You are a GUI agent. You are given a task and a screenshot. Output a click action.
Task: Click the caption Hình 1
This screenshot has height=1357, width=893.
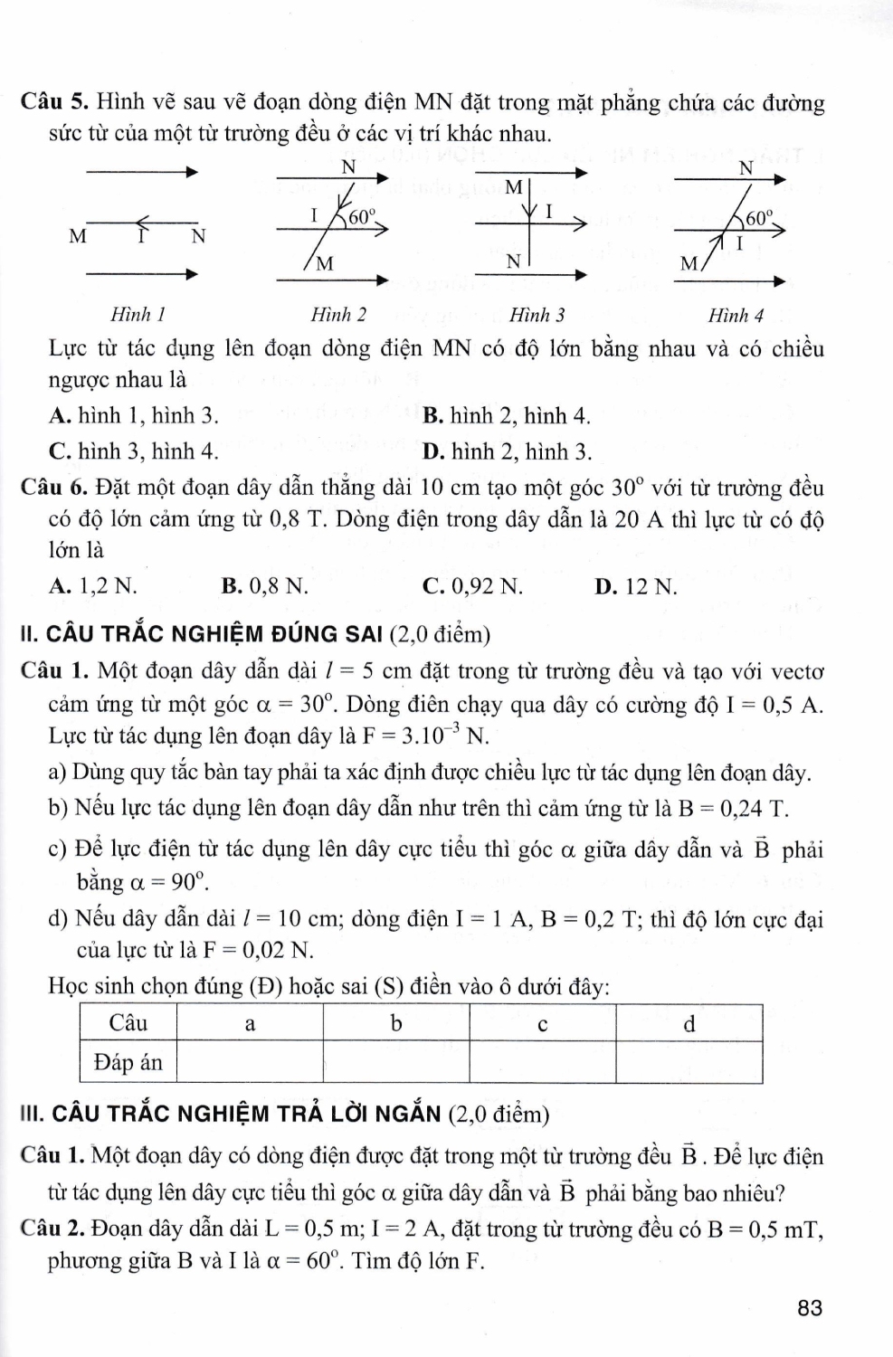(137, 315)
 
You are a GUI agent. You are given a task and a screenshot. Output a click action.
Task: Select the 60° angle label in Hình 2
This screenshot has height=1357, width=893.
(362, 216)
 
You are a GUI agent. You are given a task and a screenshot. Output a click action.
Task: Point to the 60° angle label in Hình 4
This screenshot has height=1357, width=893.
(760, 217)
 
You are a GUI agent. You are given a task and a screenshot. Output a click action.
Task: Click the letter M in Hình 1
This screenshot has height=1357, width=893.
(79, 238)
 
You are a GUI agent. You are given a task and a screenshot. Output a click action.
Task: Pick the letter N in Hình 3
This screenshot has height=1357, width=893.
(513, 261)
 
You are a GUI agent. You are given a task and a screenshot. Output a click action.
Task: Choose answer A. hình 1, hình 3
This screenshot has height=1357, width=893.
(134, 415)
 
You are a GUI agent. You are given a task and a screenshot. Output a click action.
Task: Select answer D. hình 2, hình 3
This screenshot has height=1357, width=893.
(507, 451)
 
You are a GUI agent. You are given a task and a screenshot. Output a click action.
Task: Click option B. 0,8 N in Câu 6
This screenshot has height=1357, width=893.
(264, 586)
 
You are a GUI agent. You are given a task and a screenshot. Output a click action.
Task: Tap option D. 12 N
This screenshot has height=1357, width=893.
(635, 586)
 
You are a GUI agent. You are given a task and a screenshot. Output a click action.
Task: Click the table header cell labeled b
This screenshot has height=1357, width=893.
(395, 1024)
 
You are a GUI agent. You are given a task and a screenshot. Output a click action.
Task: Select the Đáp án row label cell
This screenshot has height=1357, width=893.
(128, 1062)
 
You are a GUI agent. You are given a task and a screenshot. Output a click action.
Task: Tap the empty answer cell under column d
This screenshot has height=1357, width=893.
(689, 1062)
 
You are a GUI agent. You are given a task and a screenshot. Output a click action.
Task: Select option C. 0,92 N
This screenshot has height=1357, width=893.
(472, 586)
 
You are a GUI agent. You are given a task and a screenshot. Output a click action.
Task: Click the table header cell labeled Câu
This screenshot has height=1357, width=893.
(128, 1024)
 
